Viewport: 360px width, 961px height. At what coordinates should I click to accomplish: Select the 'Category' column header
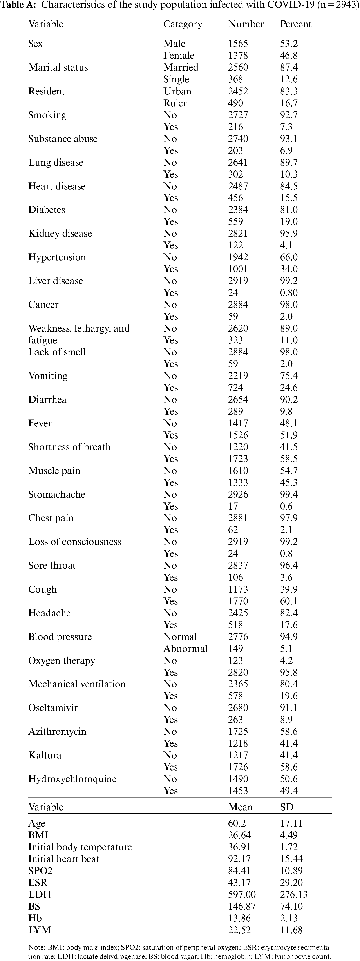(183, 24)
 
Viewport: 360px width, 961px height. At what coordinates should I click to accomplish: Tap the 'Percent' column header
(295, 24)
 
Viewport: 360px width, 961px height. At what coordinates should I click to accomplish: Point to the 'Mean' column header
(240, 807)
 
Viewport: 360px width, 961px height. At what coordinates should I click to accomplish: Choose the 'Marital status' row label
(58, 67)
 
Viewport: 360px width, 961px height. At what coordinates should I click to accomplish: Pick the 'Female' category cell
(179, 56)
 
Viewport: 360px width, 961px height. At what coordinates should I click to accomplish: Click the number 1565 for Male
(238, 44)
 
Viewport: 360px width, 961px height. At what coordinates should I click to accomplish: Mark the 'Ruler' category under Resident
(175, 103)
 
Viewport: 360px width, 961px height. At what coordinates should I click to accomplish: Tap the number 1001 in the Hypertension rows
(238, 269)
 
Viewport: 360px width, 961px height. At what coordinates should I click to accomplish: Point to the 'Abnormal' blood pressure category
(185, 649)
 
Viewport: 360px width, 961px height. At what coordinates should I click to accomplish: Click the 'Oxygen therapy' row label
(62, 661)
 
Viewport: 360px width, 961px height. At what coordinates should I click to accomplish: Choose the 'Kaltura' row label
(45, 755)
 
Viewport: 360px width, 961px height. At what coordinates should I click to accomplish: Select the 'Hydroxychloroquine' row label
(72, 779)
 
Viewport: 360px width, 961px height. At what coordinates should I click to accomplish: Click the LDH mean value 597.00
(242, 895)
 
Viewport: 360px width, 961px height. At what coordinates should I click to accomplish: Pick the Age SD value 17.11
(291, 823)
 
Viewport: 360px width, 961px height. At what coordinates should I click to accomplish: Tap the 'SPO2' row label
(40, 871)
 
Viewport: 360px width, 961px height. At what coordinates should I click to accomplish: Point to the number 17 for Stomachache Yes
(233, 506)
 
